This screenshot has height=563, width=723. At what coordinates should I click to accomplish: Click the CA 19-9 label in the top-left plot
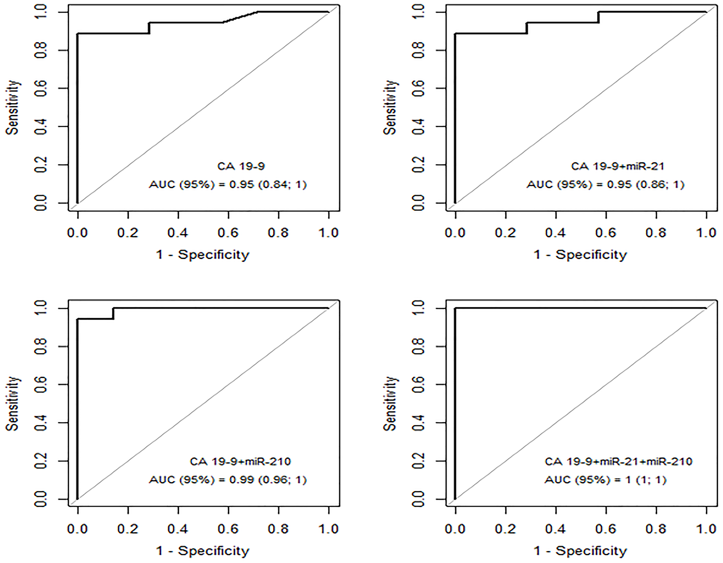point(241,166)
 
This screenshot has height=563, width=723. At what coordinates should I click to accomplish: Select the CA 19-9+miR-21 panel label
point(617,166)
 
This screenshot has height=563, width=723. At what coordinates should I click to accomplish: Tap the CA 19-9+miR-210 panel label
point(240,462)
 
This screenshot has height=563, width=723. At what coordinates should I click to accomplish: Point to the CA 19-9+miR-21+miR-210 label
point(618,462)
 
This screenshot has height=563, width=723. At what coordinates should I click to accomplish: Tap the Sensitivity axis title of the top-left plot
point(12,108)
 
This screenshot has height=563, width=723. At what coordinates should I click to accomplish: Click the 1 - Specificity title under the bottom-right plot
point(580,551)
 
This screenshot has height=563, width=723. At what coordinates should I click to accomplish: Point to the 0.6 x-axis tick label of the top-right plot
point(606,233)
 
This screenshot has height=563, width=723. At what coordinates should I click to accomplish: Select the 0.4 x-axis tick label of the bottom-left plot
point(178,529)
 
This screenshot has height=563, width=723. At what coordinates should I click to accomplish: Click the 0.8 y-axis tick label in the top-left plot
point(40,50)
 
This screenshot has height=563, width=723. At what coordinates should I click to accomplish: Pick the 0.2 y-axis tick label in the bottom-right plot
point(418,461)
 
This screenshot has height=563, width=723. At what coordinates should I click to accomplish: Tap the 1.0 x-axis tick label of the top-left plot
point(328,233)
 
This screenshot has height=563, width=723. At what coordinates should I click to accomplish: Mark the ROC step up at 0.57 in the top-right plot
point(599,17)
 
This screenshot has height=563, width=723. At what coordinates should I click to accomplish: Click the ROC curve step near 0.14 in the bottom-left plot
point(113,314)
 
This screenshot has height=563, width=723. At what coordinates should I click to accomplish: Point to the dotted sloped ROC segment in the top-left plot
point(240,17)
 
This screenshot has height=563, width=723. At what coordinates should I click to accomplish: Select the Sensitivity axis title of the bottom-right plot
point(390,404)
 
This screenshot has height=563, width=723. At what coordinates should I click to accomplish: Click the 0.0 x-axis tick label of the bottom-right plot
point(455,529)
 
